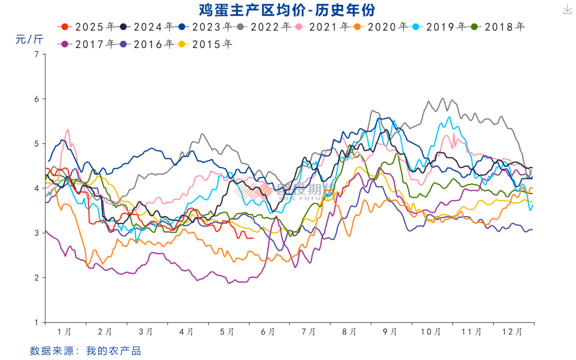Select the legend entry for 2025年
tap(88, 26)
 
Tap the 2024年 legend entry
tap(147, 26)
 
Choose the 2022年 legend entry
tap(263, 26)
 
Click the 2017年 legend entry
tap(88, 44)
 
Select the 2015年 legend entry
tap(205, 44)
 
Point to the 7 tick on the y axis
tap(37, 54)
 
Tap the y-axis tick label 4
tap(37, 188)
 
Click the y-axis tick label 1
tap(37, 322)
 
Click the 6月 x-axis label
tap(268, 332)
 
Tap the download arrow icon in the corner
tap(566, 10)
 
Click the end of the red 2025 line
tap(253, 238)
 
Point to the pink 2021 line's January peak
tap(68, 130)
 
